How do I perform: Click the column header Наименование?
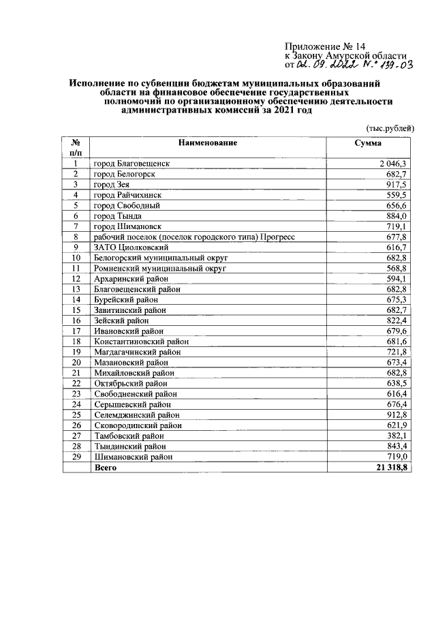208,143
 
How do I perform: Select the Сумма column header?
368,143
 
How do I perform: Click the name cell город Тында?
118,215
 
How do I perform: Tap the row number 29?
76,457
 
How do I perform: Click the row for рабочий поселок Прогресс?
193,237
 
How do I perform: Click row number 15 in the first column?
76,310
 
